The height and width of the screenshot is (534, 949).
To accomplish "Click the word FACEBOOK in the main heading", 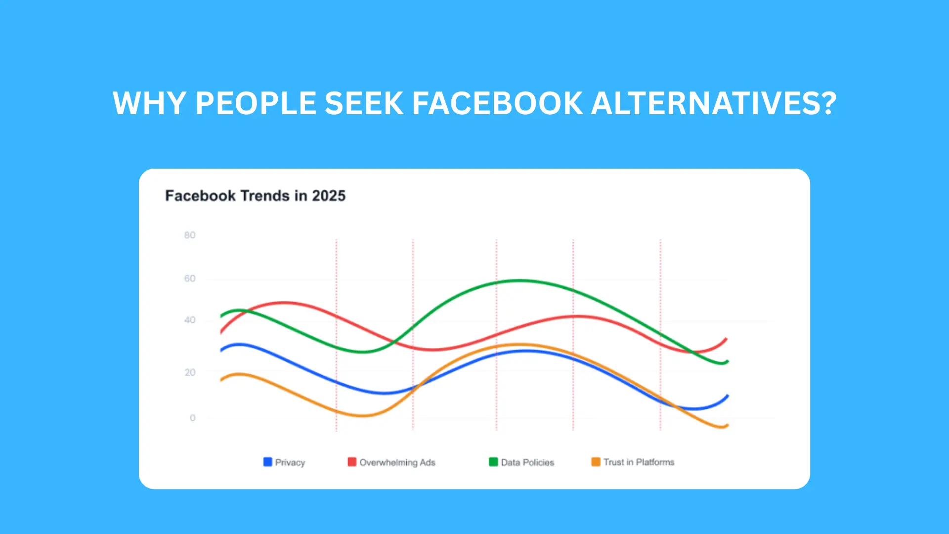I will [x=497, y=103].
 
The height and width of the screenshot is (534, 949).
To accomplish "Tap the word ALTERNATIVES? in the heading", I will [x=713, y=103].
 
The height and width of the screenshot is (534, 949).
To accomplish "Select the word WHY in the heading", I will [x=150, y=103].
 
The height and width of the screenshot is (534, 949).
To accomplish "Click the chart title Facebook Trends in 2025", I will [x=255, y=196].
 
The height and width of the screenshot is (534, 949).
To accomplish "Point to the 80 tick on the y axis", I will [x=190, y=235].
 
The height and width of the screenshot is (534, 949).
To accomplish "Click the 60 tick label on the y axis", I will [x=190, y=279].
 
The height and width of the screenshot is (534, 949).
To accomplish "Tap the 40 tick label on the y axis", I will [x=190, y=320].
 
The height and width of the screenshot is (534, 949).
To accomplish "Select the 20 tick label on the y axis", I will [x=190, y=372].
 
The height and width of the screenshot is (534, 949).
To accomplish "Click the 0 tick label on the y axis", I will [x=192, y=418].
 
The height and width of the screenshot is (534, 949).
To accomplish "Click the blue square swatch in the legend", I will [x=268, y=462].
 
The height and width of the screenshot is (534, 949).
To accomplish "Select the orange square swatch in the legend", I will [x=596, y=462].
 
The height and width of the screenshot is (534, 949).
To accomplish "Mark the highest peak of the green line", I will [x=518, y=281].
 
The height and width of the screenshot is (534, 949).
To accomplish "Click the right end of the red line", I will [x=726, y=339].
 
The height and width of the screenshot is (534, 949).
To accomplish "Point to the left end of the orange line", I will [x=221, y=380].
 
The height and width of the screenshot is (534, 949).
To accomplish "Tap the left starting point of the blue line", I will [x=221, y=351].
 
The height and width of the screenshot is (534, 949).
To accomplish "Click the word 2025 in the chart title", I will [x=329, y=196].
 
